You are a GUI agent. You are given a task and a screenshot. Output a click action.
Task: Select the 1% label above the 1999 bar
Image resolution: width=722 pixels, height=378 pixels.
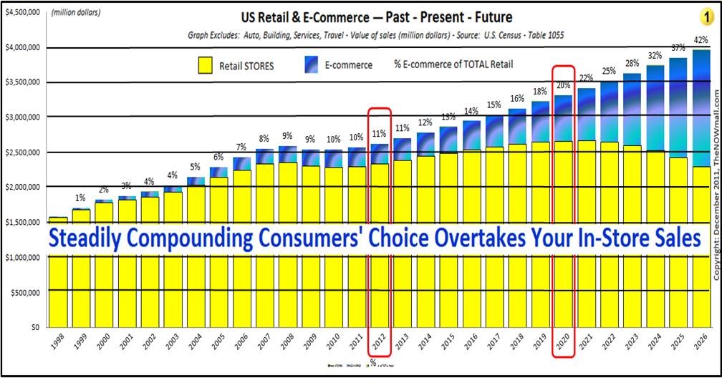[81, 198]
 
